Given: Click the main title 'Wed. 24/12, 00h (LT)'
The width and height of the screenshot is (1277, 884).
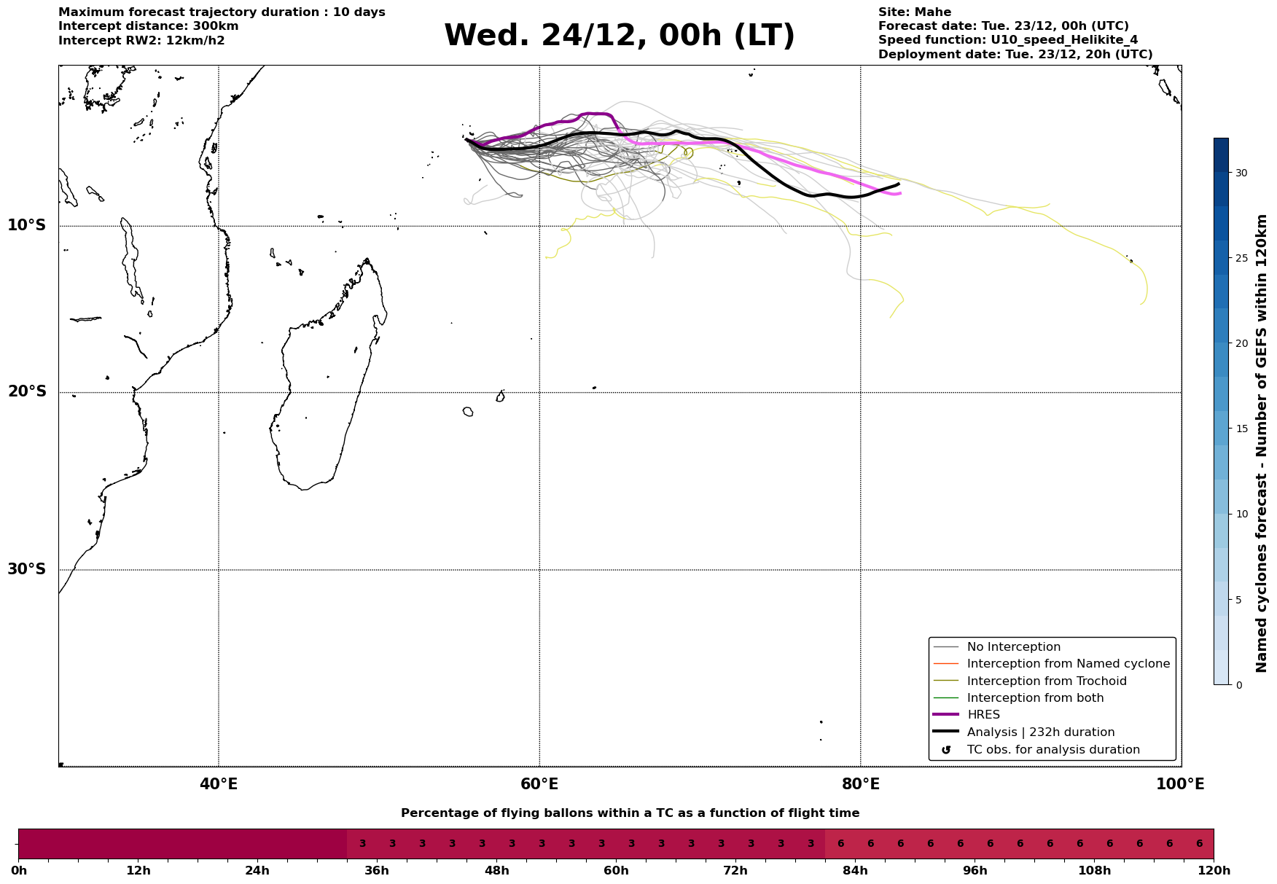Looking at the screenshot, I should point(619,36).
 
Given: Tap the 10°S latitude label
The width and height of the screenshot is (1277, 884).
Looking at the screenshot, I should point(27,225).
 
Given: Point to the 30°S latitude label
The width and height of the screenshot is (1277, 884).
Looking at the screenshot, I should point(27,569).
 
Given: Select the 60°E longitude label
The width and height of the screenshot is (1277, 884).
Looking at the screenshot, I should point(539,784).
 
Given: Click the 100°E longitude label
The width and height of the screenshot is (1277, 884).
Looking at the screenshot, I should point(1180,784).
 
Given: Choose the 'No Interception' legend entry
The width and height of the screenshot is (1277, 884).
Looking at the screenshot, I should point(1013,647).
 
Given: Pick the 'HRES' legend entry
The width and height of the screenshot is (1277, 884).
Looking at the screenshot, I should point(983,715).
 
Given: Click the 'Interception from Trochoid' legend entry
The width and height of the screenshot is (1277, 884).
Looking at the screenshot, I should point(1046,681).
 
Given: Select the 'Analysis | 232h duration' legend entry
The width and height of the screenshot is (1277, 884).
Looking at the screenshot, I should point(1040,732).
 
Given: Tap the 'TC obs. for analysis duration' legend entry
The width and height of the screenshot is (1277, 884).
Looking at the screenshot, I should point(1053,750).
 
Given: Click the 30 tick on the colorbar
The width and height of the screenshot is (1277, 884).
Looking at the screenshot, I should point(1241,173).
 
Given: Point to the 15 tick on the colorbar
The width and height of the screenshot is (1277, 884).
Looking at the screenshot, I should point(1241,429).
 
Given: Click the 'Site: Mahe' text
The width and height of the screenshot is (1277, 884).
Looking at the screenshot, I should point(914,12).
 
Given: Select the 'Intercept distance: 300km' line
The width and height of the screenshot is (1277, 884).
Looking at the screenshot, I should point(148,26).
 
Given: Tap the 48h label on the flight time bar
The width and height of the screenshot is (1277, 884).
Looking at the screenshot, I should point(496,871).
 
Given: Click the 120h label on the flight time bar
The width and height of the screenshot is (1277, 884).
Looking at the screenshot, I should point(1214,871).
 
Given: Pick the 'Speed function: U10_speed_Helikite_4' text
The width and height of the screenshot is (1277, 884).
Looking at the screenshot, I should point(1007,40).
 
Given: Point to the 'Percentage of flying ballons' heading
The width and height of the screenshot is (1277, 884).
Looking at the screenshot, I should point(630,813).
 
